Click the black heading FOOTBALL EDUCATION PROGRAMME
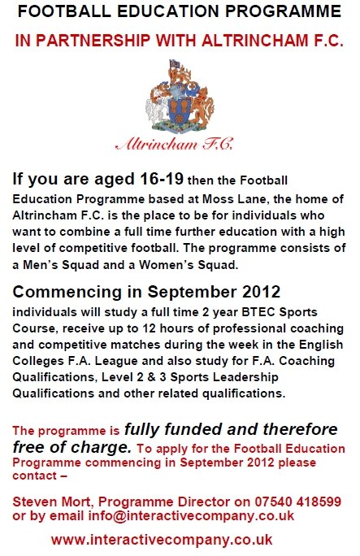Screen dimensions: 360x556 [x=180, y=11]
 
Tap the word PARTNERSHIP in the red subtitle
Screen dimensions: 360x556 [x=93, y=41]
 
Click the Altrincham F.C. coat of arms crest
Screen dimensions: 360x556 [x=180, y=96]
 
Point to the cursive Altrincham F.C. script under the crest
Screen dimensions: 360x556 [x=175, y=145]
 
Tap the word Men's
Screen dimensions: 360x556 [x=41, y=265]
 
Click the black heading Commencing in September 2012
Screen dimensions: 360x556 [x=146, y=292]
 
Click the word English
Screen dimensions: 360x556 [x=321, y=345]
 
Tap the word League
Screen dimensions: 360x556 [x=116, y=361]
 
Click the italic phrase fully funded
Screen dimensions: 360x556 [x=173, y=429]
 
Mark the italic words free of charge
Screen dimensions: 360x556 [x=72, y=447]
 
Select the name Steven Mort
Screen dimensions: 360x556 [x=53, y=502]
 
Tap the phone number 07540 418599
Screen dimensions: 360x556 [x=297, y=502]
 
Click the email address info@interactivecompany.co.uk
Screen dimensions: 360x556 [x=191, y=515]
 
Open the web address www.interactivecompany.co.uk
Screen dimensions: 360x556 [x=162, y=540]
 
